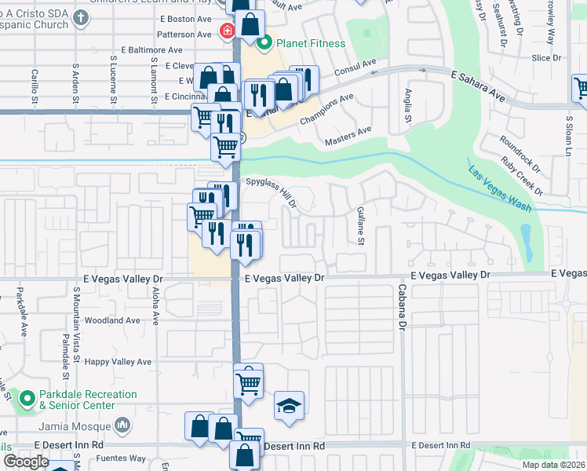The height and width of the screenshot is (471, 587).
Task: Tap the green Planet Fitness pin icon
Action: point(264,42)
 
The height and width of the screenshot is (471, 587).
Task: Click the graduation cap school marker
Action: point(289,406)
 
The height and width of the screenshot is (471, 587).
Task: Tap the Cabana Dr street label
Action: point(401,312)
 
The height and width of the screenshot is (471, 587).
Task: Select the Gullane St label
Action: point(361,226)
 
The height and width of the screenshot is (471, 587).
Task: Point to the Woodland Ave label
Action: point(111,320)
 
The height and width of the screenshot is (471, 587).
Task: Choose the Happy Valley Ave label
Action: point(118,362)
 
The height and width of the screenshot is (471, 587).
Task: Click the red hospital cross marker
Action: point(227,31)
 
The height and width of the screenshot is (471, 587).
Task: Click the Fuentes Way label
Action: point(126,458)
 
